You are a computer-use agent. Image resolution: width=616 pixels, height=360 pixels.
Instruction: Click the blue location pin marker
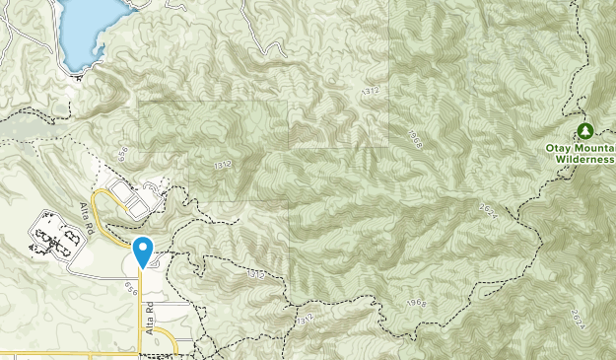[144, 252]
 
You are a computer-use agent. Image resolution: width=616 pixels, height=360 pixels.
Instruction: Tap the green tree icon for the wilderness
[585, 130]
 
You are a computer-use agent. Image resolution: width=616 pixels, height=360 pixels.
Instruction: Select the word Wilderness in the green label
[584, 158]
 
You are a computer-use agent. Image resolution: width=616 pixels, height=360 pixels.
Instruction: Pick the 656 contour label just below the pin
[131, 284]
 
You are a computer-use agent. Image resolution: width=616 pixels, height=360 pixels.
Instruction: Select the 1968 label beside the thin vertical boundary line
[414, 141]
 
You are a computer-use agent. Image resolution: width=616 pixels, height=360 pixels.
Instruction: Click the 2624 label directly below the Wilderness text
[577, 321]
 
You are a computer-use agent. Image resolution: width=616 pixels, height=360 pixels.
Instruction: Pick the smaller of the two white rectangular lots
[156, 185]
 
